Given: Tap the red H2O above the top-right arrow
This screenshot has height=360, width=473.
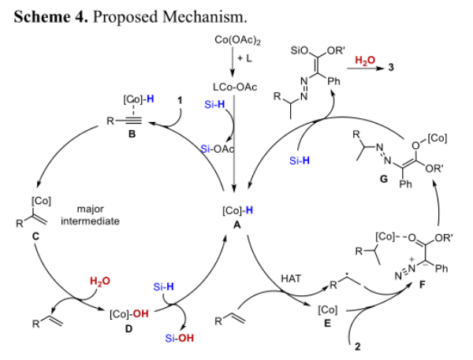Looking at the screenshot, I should tap(365, 58).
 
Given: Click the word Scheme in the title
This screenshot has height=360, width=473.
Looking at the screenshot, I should tap(39, 13).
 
